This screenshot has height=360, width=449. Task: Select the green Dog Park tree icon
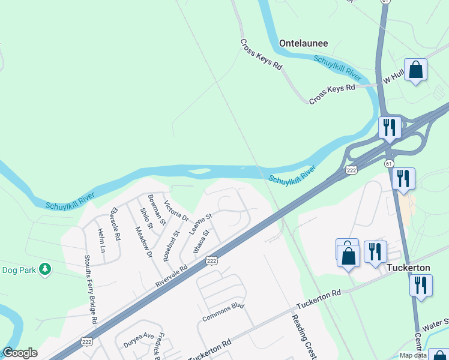[44, 269]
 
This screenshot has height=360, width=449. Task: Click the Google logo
[20, 353]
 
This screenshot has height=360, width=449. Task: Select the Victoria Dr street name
[176, 211]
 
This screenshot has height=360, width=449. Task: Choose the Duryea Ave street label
[139, 337]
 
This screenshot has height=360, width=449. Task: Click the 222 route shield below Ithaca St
[211, 260]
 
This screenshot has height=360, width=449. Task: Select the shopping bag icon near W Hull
[415, 70]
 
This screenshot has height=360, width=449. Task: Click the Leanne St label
[201, 223]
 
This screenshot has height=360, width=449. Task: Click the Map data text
[414, 355]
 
